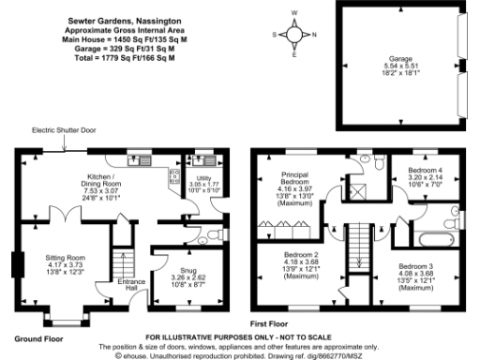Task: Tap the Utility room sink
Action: pyautogui.click(x=202, y=160)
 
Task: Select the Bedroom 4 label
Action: pyautogui.click(x=425, y=175)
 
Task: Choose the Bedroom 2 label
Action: pyautogui.click(x=302, y=265)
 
